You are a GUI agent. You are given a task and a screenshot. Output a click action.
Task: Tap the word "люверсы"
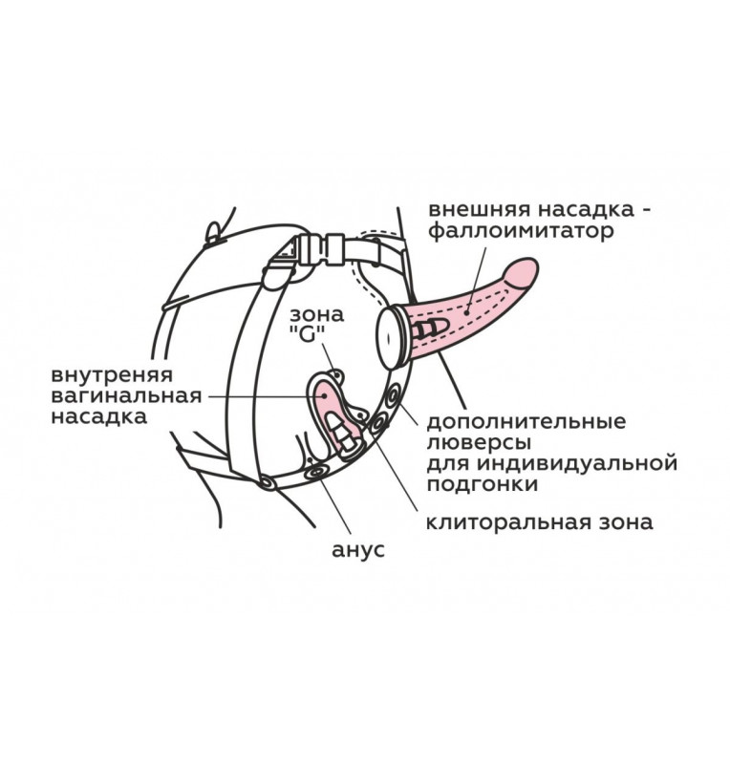point(472,442)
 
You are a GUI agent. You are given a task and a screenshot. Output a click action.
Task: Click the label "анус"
point(356,551)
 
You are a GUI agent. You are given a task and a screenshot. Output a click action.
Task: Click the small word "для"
point(445,464)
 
